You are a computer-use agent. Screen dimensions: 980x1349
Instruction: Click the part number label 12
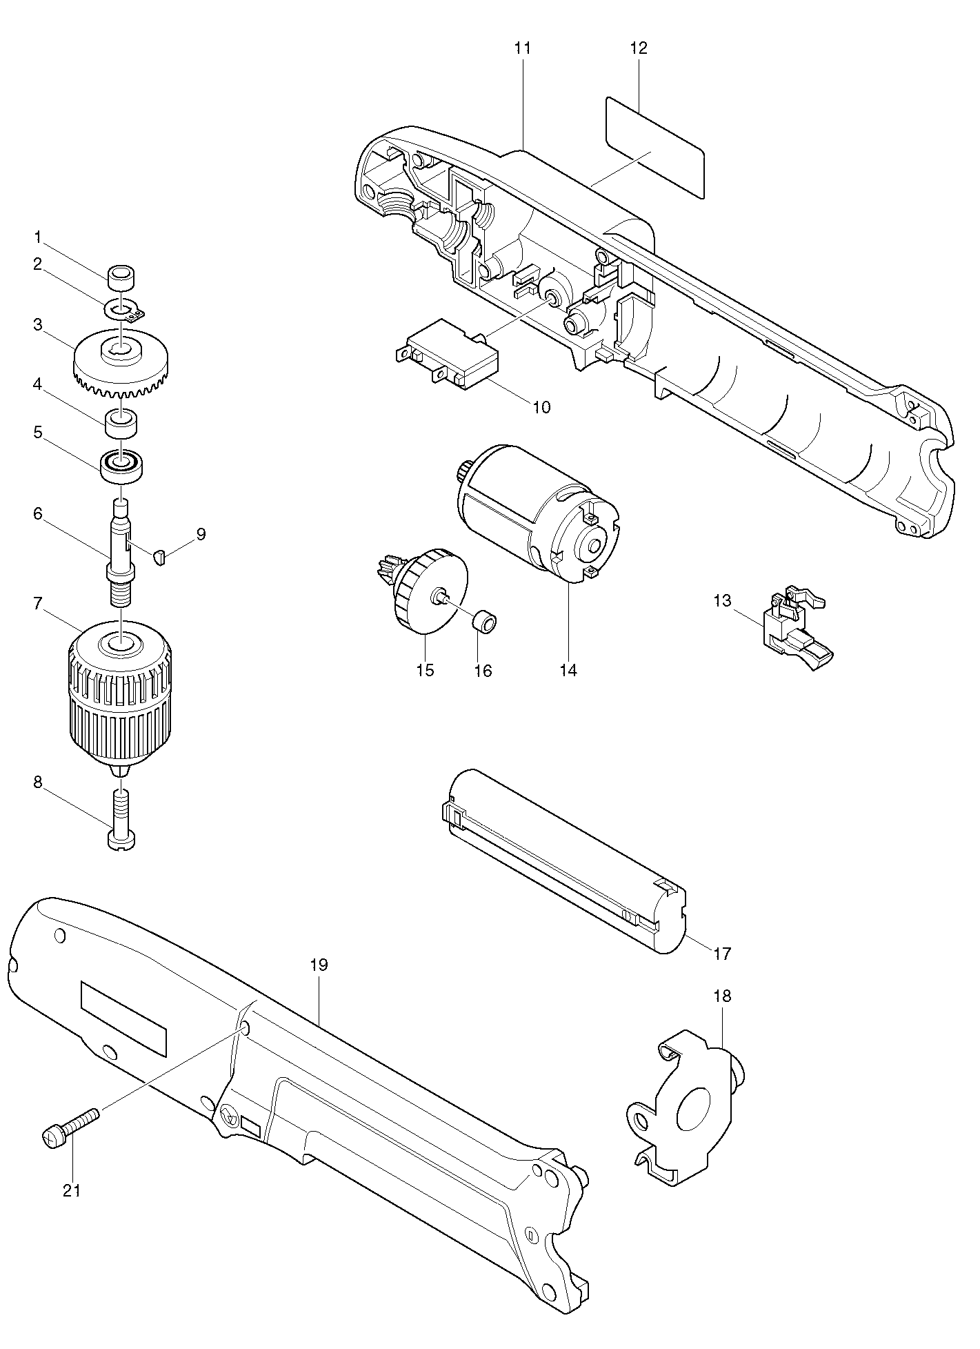click(639, 48)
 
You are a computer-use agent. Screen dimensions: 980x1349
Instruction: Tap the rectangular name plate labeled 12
click(655, 148)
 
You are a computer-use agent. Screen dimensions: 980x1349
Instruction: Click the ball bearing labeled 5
click(121, 467)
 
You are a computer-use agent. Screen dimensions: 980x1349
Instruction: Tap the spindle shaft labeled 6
click(121, 550)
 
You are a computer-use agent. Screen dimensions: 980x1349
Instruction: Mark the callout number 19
click(319, 965)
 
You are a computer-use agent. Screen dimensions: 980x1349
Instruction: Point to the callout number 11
click(523, 48)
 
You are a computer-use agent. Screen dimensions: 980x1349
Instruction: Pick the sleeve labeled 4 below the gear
click(121, 422)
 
